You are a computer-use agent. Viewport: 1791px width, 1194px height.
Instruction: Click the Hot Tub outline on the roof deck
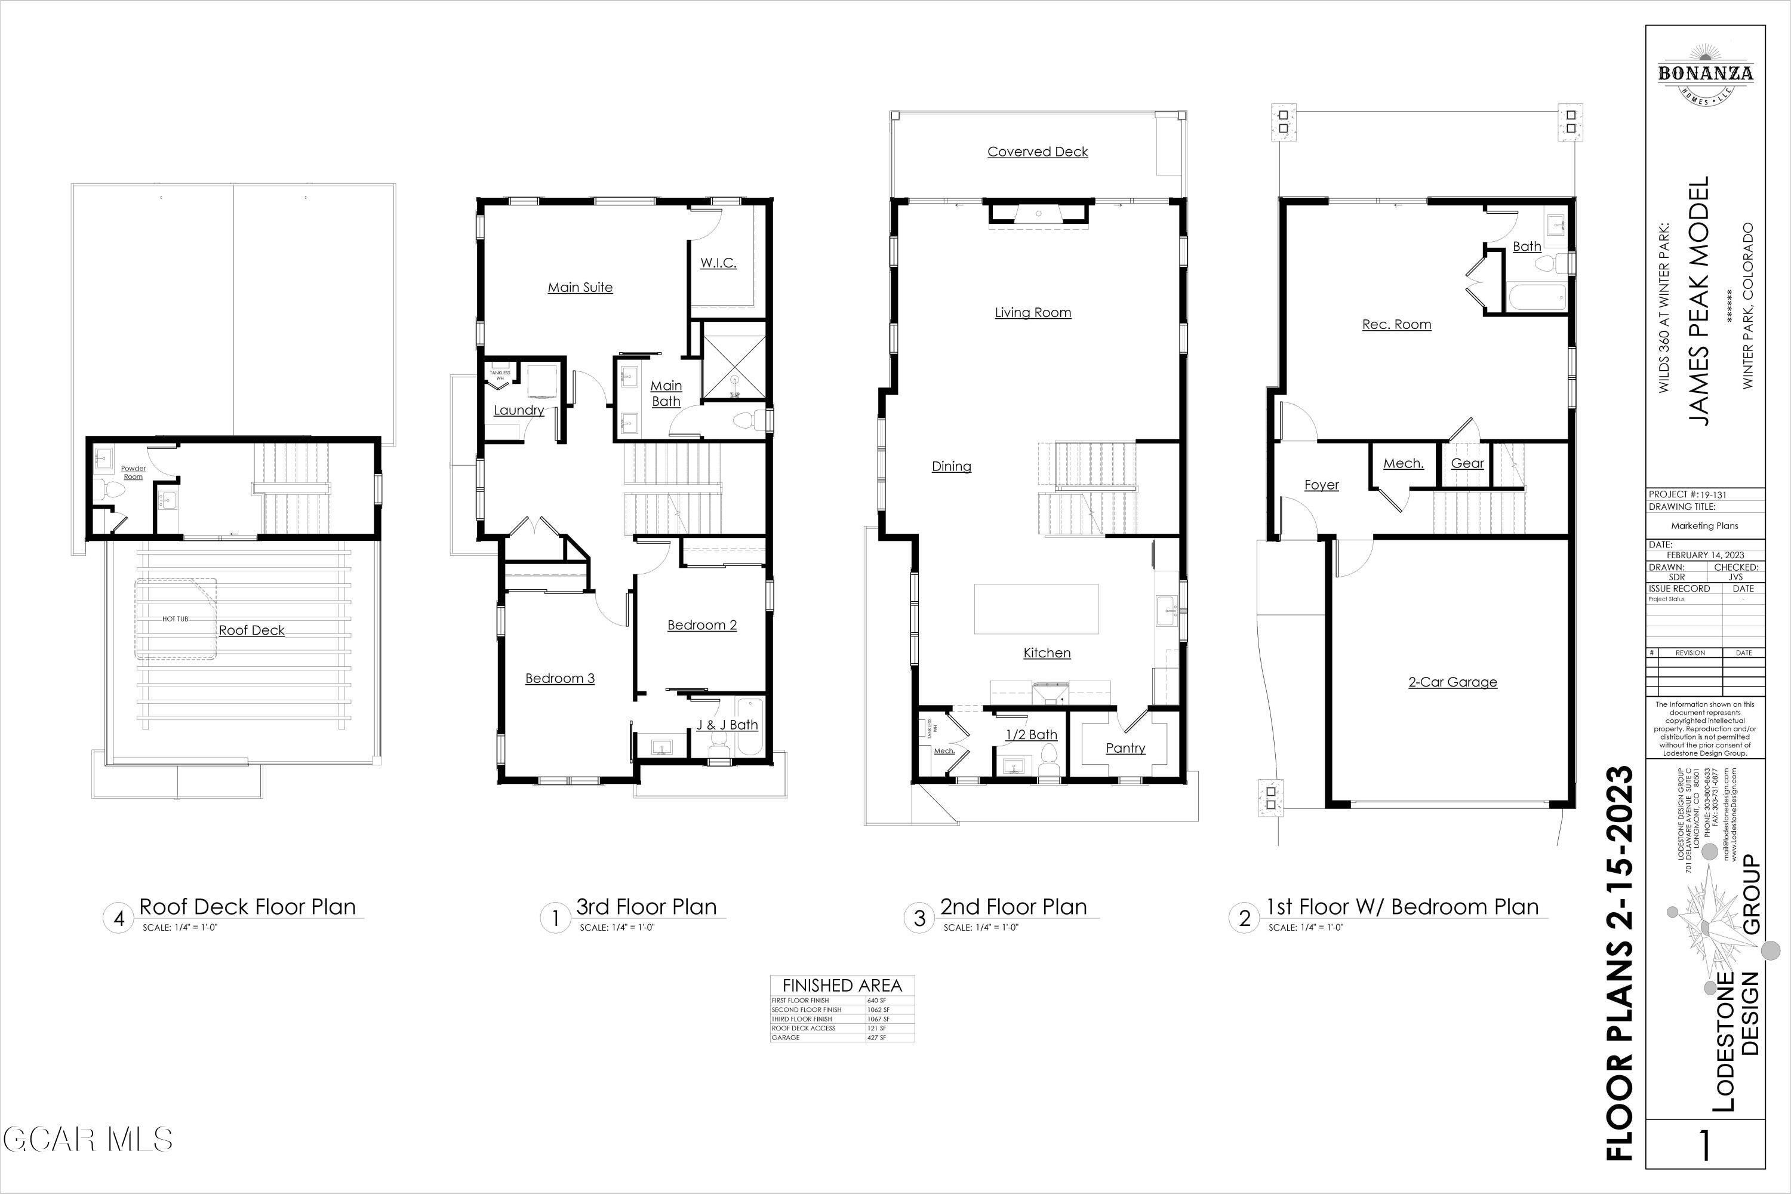pyautogui.click(x=176, y=618)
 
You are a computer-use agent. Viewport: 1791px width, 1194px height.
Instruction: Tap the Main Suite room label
pyautogui.click(x=580, y=287)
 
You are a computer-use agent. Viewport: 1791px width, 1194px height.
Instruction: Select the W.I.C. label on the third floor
pyautogui.click(x=718, y=263)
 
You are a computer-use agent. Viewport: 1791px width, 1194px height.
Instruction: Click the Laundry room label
pyautogui.click(x=519, y=410)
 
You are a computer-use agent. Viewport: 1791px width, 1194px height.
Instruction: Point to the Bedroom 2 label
pyautogui.click(x=702, y=624)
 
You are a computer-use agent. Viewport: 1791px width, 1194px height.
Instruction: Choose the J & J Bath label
pyautogui.click(x=727, y=725)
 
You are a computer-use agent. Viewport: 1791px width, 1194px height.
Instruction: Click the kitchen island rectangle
pyautogui.click(x=1036, y=608)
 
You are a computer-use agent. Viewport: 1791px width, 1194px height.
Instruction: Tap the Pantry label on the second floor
pyautogui.click(x=1125, y=748)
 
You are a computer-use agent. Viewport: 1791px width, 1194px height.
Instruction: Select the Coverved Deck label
pyautogui.click(x=1037, y=152)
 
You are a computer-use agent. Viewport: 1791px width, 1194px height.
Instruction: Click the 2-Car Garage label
pyautogui.click(x=1452, y=682)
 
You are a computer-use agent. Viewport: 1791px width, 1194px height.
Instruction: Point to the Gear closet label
pyautogui.click(x=1467, y=463)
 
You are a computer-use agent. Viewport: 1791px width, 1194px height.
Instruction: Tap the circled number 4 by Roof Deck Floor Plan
pyautogui.click(x=119, y=918)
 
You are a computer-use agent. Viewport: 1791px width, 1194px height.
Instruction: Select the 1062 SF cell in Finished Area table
pyautogui.click(x=878, y=1010)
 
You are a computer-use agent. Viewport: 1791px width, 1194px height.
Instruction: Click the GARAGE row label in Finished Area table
pyautogui.click(x=786, y=1037)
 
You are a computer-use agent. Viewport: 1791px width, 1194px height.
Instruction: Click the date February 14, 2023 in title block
pyautogui.click(x=1705, y=555)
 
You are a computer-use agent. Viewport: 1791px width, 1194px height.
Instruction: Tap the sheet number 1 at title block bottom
pyautogui.click(x=1704, y=1166)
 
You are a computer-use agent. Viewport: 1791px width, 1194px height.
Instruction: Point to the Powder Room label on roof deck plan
pyautogui.click(x=133, y=472)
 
